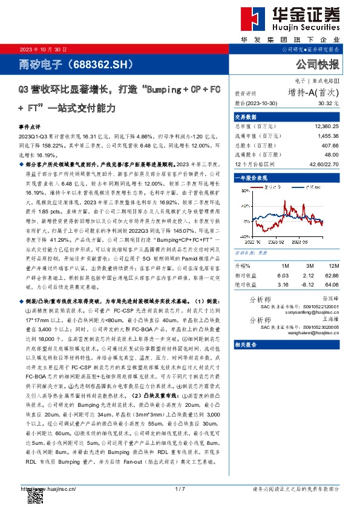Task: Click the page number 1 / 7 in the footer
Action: (179, 488)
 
